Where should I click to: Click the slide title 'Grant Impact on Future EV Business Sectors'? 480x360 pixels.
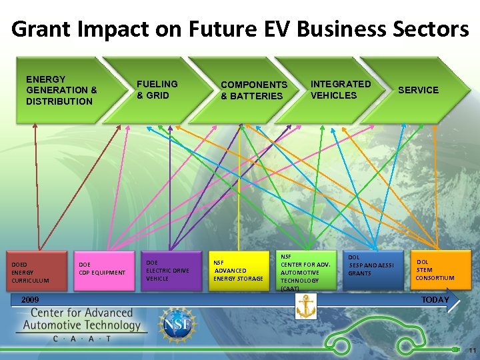240,29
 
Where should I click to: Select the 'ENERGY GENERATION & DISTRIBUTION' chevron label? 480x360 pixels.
61,90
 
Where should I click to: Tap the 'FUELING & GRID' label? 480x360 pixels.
157,89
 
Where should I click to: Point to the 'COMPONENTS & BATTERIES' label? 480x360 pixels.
253,90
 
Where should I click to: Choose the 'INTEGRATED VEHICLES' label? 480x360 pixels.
340,89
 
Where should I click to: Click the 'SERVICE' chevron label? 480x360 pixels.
418,90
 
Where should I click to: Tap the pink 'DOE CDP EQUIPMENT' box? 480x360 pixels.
103,270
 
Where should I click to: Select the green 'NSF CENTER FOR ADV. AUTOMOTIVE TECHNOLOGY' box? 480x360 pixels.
305,271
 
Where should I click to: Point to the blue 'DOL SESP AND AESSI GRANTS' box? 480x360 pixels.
374,270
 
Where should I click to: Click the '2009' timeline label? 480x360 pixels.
29,300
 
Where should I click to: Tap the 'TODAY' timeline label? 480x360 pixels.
435,300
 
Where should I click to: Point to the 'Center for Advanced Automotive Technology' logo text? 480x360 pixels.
81,319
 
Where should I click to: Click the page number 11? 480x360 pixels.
472,351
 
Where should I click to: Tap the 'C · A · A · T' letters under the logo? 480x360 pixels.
82,339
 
